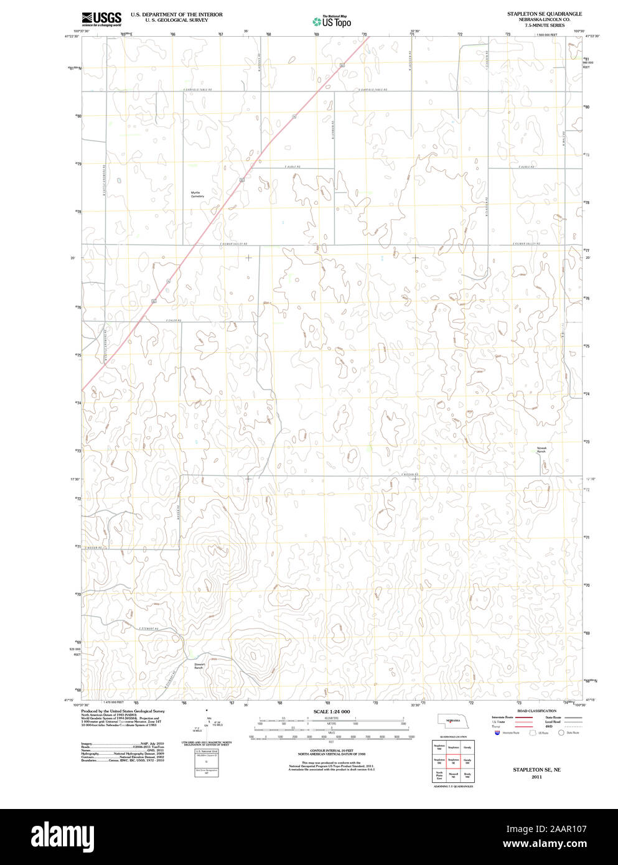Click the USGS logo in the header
101,18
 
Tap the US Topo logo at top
332,21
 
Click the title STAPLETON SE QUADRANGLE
544,14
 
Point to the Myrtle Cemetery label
197,194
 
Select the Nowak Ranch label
541,449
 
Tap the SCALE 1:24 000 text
332,711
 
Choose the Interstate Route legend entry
502,718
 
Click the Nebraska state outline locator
452,721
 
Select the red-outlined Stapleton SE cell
453,760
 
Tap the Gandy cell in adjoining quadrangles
467,747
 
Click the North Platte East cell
439,775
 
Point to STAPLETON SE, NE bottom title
536,770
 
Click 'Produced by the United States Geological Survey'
123,711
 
